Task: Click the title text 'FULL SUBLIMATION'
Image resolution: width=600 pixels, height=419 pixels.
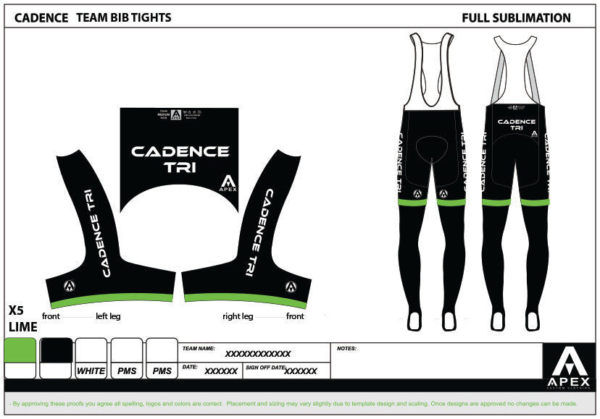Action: coord(516,18)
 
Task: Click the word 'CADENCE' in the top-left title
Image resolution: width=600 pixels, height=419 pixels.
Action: coord(41,17)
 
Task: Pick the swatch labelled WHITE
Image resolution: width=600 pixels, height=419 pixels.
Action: coord(91,371)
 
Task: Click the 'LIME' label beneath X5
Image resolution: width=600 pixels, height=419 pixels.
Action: coord(22,327)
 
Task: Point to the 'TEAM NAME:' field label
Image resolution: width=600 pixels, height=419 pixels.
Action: coord(199,348)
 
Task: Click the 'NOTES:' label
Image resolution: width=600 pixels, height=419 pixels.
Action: coord(347,348)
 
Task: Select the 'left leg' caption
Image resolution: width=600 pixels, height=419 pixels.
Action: coord(108,316)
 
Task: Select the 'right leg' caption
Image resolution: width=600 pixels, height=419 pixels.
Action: coord(238,316)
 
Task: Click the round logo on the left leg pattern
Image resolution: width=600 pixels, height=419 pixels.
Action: coord(70,286)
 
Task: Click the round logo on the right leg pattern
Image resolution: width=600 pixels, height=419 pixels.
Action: coord(291,287)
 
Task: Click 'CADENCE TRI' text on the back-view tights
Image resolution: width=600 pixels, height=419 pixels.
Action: coord(517,124)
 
